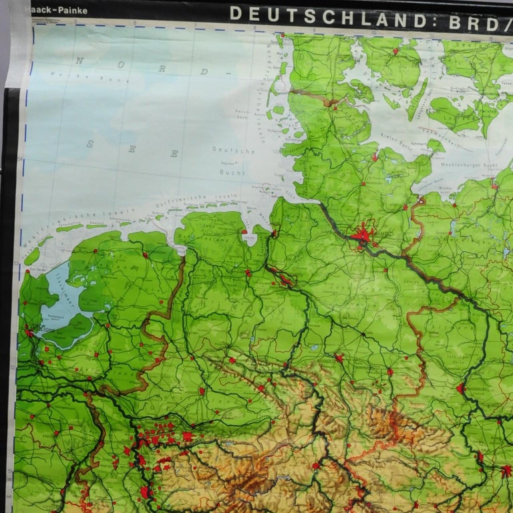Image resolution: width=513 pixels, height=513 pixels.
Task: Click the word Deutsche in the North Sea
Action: (224, 151)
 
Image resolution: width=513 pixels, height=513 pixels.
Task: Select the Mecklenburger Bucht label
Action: (467, 163)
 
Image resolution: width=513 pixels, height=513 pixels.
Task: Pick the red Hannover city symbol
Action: (339, 358)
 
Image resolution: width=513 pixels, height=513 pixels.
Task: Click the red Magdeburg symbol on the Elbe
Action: (460, 388)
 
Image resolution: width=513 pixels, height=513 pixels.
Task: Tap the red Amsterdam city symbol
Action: (29, 332)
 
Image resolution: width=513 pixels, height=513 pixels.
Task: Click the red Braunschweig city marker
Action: (389, 371)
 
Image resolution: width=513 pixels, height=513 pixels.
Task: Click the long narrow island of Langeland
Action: (417, 100)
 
